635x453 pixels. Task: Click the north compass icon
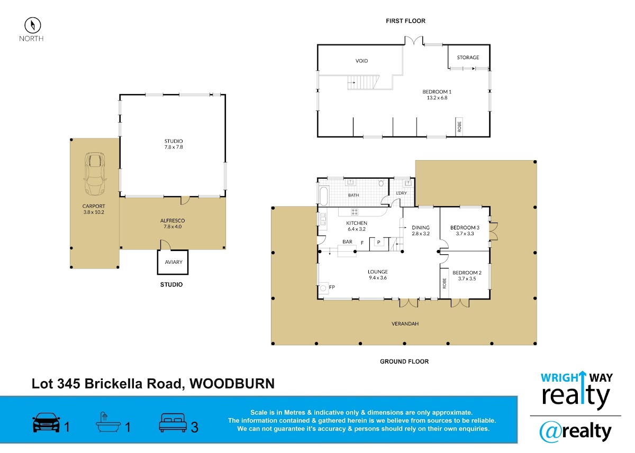click(33, 25)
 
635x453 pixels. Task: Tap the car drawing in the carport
click(95, 174)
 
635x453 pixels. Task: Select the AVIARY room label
click(174, 262)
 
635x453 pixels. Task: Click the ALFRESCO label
click(173, 220)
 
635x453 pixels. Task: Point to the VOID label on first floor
click(361, 61)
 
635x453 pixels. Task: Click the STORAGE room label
click(468, 58)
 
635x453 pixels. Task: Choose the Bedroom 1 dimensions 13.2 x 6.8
click(437, 98)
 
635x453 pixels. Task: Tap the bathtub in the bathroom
click(323, 196)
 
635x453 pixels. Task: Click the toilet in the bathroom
click(381, 183)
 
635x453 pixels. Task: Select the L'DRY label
click(401, 193)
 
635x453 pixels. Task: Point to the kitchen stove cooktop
click(355, 211)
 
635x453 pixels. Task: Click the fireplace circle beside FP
click(323, 289)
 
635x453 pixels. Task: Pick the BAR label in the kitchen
click(347, 242)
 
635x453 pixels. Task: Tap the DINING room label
click(420, 228)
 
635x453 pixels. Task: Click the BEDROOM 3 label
click(465, 228)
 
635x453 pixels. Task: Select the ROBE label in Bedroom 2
click(444, 283)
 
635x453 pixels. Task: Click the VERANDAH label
click(405, 323)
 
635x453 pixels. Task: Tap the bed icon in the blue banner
click(173, 423)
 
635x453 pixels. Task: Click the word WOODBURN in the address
click(232, 384)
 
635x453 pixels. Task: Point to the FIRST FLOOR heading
click(405, 21)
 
